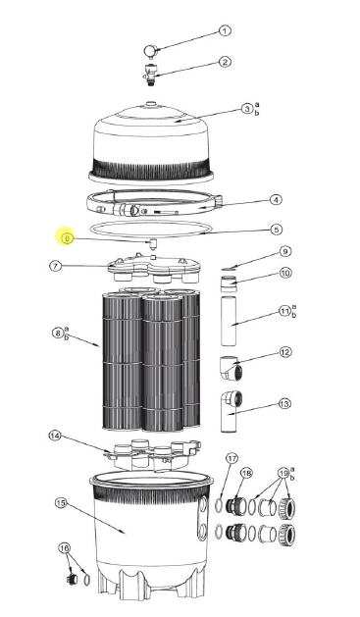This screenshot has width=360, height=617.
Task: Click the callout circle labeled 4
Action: click(276, 199)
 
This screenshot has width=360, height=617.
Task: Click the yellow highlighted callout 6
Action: click(67, 236)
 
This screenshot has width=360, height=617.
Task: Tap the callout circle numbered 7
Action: click(56, 265)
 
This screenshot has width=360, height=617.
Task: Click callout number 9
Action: click(285, 251)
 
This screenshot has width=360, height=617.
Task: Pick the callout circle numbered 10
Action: click(285, 273)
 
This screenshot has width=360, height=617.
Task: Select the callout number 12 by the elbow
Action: click(285, 351)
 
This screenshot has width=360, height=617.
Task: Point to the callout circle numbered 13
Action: click(284, 402)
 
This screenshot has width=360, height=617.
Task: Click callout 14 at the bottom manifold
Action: click(55, 435)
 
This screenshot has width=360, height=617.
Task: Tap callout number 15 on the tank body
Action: click(60, 503)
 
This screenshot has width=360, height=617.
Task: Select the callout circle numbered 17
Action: click(231, 458)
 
